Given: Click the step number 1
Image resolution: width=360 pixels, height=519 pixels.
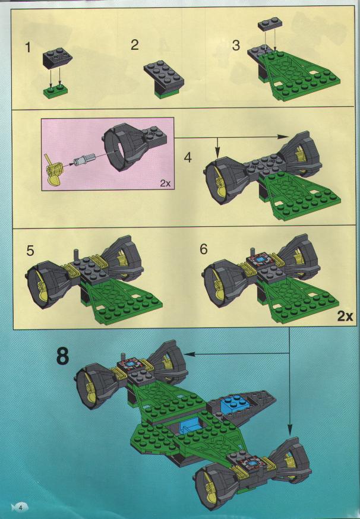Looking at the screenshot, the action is pos(28,48).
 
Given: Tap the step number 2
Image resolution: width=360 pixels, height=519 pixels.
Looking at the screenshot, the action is pos(134,45).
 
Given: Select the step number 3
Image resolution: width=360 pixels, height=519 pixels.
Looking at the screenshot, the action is pos(235,45).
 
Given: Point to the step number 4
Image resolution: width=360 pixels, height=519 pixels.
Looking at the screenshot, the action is pos(188,157).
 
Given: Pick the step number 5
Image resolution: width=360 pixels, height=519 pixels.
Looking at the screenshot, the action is pos(30,251).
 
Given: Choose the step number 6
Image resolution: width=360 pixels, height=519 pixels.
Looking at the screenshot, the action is pos(203,249).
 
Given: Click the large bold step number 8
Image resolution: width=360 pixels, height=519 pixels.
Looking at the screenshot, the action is pos(62,356).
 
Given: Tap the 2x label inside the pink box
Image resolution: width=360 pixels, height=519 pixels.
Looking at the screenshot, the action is pos(165,183).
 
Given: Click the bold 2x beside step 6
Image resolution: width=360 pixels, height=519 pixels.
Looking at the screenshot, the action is pos(345,317).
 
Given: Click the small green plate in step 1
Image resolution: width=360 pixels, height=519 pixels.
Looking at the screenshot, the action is pos(56,91).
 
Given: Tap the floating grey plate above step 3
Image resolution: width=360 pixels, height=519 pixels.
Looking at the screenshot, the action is pos(271,25).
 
